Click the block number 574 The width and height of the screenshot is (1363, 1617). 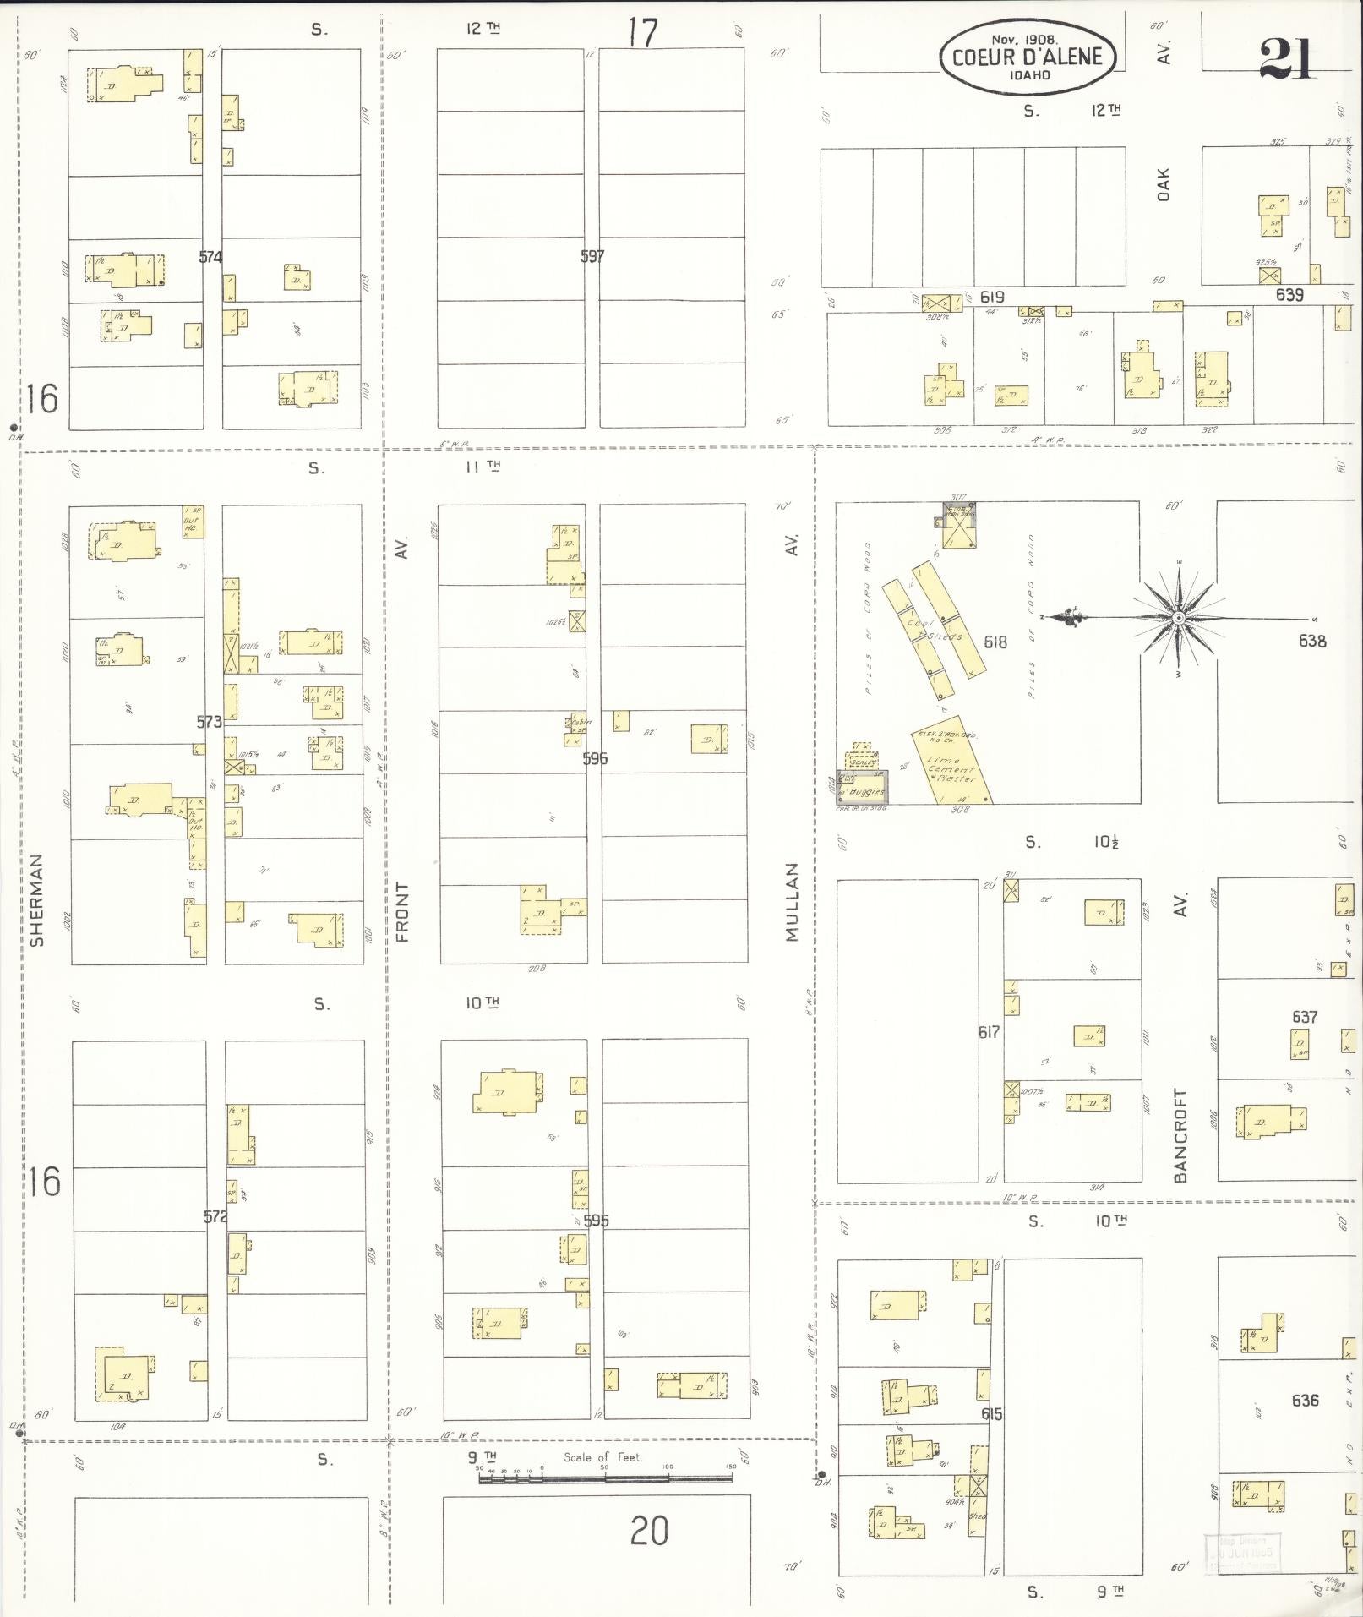(x=210, y=256)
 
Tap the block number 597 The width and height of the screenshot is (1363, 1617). (x=592, y=255)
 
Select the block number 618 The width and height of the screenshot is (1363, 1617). (x=995, y=642)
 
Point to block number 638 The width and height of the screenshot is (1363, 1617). (x=1312, y=641)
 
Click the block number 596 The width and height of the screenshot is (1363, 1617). (x=595, y=758)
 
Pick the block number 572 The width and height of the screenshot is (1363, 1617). (x=215, y=1216)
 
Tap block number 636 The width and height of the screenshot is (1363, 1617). (x=1305, y=1400)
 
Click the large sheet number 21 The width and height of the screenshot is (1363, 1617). (x=1286, y=59)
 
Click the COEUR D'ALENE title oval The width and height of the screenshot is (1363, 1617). (x=1028, y=56)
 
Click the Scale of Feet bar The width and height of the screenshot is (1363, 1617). (x=605, y=1478)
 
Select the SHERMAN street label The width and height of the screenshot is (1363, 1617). (x=36, y=899)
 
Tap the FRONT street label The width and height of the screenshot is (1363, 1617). (x=402, y=911)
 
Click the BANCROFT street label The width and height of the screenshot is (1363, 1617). (x=1180, y=1134)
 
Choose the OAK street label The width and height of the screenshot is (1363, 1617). (x=1164, y=185)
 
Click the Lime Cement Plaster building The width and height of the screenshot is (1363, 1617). (x=952, y=766)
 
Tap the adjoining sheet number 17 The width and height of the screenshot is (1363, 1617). (x=642, y=33)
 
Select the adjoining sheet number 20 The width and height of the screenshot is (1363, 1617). (x=649, y=1530)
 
